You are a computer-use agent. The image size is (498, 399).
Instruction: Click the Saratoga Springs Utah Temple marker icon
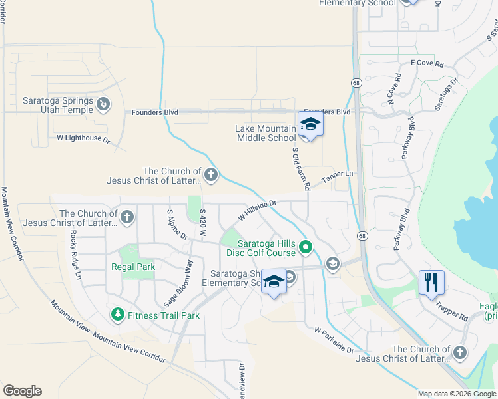pos(103,104)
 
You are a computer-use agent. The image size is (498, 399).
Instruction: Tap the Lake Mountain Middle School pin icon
pos(310,124)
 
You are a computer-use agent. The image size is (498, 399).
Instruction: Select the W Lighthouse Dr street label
pos(83,138)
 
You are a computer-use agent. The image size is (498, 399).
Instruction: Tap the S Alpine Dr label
pos(177,224)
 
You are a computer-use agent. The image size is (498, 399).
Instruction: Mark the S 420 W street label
pos(202,222)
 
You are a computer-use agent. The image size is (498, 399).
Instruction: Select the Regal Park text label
pos(134,267)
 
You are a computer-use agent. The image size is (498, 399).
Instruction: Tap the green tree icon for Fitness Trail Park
pos(117,313)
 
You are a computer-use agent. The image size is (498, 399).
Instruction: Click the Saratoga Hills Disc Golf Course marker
pos(306,248)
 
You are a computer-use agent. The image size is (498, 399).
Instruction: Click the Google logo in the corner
pos(22,391)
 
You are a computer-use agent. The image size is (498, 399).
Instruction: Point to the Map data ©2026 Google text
pos(457,394)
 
